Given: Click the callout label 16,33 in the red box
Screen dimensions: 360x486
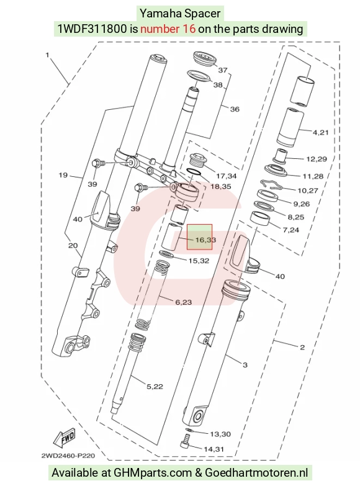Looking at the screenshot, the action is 205,240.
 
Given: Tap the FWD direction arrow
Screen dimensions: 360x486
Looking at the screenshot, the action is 65,438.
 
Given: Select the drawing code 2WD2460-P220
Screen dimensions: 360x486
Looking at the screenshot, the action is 68,456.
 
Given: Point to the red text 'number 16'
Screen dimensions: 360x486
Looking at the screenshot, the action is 168,29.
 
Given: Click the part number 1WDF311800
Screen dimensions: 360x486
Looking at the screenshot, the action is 92,29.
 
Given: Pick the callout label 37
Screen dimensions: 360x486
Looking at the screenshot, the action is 223,70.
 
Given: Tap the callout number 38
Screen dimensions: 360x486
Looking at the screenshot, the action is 218,84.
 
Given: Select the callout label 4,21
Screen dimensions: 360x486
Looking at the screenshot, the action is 321,133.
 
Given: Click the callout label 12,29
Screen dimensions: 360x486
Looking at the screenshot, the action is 317,159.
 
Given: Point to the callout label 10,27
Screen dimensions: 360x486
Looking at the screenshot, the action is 308,191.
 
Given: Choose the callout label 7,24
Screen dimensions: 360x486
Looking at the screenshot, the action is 291,230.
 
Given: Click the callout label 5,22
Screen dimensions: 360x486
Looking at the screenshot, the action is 155,387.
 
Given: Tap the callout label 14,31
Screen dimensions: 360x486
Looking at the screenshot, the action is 214,449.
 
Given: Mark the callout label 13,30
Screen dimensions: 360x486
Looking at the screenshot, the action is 220,434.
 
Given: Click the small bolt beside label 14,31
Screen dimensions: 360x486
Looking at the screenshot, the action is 185,441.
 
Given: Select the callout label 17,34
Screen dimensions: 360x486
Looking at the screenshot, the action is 227,176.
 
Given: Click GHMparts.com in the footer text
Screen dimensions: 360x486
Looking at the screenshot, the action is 153,473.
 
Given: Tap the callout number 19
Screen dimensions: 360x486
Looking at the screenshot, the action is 63,175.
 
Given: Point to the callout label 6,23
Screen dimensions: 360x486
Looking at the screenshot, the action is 184,302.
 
